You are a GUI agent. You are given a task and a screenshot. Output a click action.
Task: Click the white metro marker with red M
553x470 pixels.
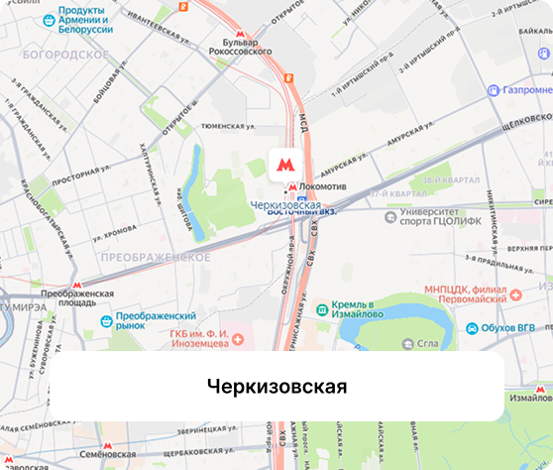coord(284,164)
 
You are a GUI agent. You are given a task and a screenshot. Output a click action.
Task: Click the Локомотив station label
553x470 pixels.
coord(322,186)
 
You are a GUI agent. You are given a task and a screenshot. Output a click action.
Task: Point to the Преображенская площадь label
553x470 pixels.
coord(77,299)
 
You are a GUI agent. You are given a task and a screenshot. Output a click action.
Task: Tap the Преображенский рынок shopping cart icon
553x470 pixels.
coord(107,319)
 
